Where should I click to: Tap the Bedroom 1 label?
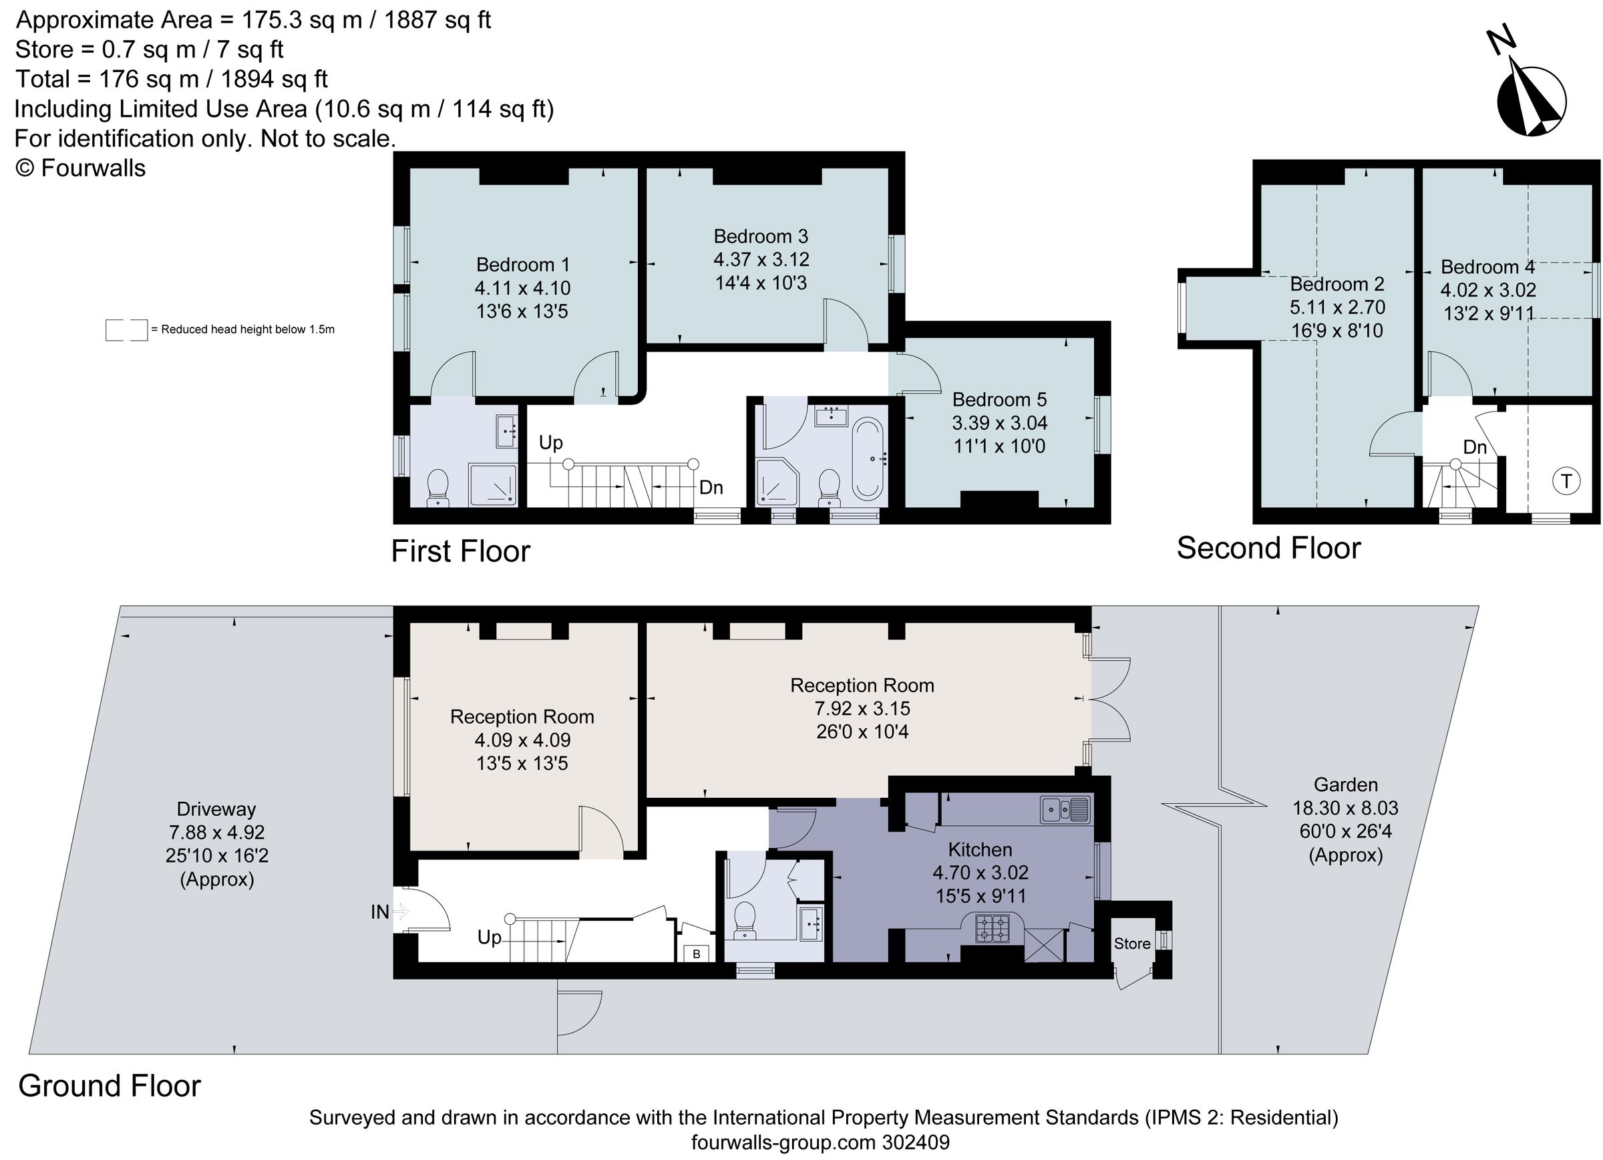point(522,265)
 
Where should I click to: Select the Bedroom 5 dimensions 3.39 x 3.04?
point(999,423)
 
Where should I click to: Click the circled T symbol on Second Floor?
point(1566,481)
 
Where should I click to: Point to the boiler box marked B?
point(696,954)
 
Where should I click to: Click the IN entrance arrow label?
point(379,912)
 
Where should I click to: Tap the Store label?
point(1131,943)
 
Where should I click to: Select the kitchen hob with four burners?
point(993,928)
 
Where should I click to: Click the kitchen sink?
point(1065,809)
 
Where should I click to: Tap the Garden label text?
point(1345,784)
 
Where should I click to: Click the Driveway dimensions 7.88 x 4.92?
point(216,832)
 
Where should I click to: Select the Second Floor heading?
point(1268,548)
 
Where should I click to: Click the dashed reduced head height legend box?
point(126,330)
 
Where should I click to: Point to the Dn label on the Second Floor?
point(1474,447)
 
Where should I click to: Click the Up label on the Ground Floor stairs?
point(489,937)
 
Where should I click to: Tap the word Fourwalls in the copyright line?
point(94,168)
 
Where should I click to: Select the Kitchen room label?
point(980,849)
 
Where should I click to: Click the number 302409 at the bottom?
point(915,1143)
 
